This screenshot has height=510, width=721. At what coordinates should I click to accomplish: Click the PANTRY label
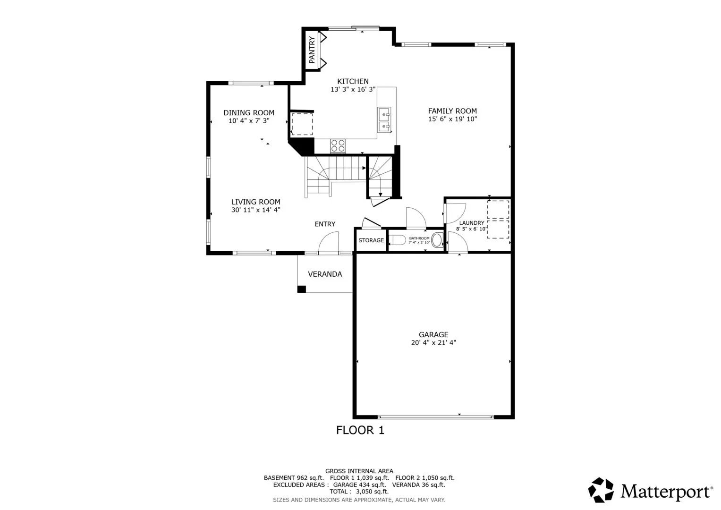(x=312, y=50)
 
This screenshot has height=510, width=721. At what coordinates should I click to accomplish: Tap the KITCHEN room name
(x=353, y=81)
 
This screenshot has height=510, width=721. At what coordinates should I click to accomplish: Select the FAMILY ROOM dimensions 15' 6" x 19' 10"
(x=452, y=119)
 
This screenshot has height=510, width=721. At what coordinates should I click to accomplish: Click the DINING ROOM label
(x=249, y=113)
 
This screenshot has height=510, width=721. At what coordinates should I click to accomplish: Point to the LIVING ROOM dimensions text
(x=255, y=210)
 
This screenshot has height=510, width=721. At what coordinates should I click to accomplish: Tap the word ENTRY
(x=325, y=224)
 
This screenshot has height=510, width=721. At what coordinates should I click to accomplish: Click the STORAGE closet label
(x=371, y=240)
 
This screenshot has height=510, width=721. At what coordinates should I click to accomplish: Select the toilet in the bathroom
(x=398, y=240)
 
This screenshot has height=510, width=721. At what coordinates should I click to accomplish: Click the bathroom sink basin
(x=437, y=240)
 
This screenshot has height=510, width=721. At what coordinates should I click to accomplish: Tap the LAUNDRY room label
(x=472, y=223)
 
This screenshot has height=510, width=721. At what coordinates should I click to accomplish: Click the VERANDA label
(x=325, y=274)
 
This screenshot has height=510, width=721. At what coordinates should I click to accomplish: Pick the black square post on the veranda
(x=302, y=289)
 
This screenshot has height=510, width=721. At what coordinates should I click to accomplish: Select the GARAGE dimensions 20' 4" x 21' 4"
(x=433, y=342)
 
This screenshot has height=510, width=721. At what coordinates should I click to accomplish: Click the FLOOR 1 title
(x=360, y=430)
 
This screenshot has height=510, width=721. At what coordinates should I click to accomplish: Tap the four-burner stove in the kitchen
(x=338, y=146)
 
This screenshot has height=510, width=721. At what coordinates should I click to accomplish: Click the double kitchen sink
(x=384, y=120)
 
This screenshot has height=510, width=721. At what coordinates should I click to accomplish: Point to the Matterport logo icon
(x=601, y=490)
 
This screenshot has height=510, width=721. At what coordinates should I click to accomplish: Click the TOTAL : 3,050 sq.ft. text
(x=359, y=492)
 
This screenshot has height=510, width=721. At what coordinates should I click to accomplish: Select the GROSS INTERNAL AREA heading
(x=359, y=471)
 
